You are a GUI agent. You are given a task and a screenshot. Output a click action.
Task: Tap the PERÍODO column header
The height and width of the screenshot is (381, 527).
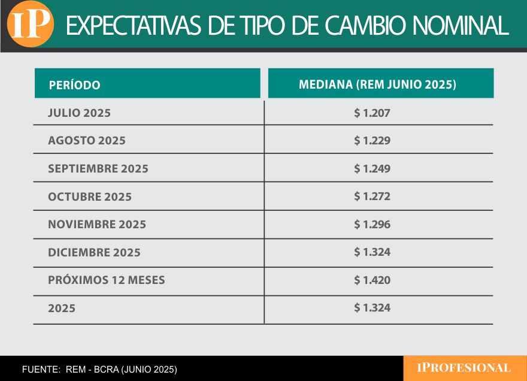pos(74,85)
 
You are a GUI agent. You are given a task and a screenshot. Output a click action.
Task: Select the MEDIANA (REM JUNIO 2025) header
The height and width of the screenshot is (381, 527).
pos(377,84)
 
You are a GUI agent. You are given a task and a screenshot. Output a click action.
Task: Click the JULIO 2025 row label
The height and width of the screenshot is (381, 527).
pos(79,113)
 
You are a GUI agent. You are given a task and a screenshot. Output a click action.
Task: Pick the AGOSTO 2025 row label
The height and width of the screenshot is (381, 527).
pos(87,141)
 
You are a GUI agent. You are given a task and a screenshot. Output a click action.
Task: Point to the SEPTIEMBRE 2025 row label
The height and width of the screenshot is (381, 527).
pos(98,169)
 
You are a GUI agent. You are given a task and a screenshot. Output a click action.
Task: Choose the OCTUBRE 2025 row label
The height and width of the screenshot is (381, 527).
pos(90,197)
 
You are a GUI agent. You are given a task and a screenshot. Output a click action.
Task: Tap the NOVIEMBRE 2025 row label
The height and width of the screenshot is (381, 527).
pos(97,225)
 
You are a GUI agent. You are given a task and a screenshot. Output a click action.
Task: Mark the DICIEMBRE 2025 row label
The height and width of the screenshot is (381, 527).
pos(94,253)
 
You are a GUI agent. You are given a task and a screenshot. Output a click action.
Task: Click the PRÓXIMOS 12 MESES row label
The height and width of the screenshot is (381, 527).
pos(106,280)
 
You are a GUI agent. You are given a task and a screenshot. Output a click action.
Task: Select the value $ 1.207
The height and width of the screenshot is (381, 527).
pos(372,113)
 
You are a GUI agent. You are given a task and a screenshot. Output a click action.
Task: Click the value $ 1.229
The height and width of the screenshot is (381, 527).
pos(372,141)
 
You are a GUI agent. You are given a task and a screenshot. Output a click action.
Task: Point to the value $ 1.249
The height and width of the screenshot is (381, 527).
pos(372,169)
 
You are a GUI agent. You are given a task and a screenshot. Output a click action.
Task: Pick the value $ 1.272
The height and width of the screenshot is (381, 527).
pos(372,196)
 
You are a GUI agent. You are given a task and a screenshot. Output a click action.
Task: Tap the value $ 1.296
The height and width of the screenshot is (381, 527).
pos(372,225)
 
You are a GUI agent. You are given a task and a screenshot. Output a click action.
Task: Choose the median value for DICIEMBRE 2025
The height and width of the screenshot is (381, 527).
pos(372,252)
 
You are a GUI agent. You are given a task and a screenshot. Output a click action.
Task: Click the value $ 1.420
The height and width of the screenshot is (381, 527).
pos(372,280)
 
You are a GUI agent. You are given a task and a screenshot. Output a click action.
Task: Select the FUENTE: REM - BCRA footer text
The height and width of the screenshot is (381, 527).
pos(99,369)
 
